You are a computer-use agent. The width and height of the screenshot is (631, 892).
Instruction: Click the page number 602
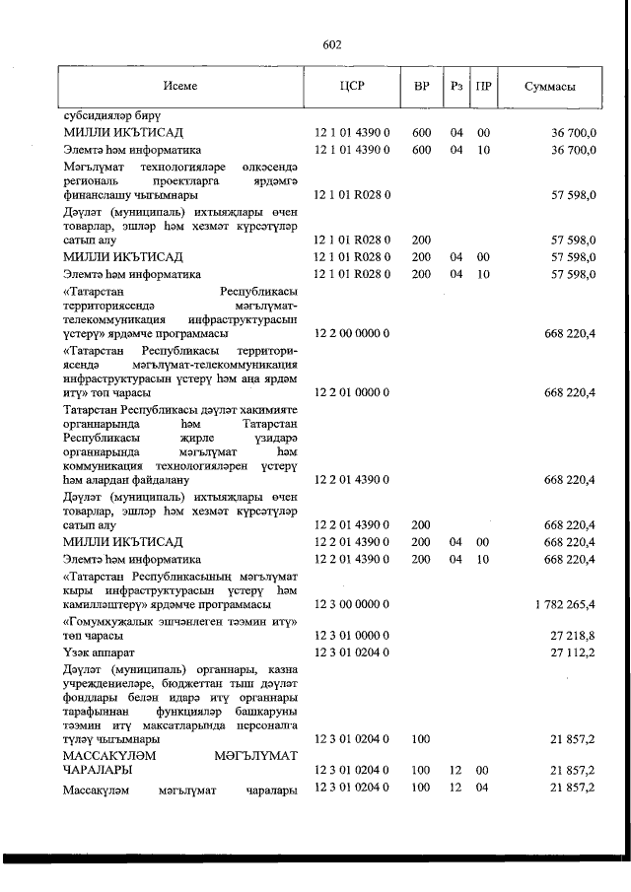(332, 44)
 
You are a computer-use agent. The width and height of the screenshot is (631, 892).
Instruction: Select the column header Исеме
(180, 86)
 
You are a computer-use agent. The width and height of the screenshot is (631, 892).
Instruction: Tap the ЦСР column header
(352, 86)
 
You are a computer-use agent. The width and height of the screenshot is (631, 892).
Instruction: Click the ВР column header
(422, 86)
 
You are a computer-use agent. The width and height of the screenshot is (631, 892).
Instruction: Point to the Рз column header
(456, 86)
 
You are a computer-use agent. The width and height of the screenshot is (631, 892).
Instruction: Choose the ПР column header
(484, 86)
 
